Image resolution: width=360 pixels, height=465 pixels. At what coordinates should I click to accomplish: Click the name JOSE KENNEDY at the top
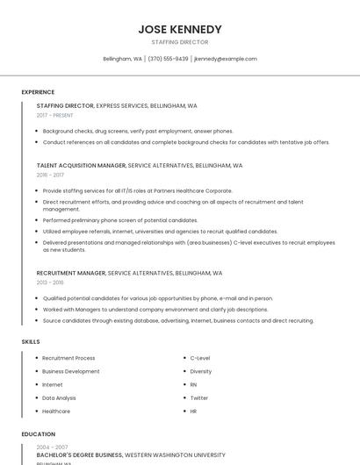click(x=180, y=29)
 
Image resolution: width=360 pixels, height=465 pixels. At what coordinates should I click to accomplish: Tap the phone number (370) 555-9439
click(x=168, y=59)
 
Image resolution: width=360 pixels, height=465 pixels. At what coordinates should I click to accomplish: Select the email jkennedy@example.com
click(x=226, y=59)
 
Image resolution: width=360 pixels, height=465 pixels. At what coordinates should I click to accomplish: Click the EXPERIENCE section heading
click(x=38, y=92)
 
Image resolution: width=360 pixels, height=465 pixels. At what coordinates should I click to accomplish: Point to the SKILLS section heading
click(x=31, y=340)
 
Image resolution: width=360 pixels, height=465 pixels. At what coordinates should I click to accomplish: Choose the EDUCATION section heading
click(x=38, y=433)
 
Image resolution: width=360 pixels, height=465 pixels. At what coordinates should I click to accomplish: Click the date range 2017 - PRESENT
click(x=54, y=115)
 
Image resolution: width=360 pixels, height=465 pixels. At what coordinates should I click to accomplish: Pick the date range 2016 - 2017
click(x=50, y=175)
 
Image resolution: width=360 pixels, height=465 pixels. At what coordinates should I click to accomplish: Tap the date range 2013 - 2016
click(x=50, y=283)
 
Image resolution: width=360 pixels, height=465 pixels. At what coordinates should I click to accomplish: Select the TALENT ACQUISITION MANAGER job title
click(x=81, y=165)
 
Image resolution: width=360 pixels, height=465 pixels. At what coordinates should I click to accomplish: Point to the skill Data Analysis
click(x=59, y=397)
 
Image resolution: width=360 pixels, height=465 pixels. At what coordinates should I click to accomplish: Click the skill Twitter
click(x=199, y=397)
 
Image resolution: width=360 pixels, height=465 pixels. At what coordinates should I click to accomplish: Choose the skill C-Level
click(x=200, y=358)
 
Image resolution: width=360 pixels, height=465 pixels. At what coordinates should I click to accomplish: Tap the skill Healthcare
click(x=56, y=411)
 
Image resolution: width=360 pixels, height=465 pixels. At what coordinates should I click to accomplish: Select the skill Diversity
click(x=201, y=371)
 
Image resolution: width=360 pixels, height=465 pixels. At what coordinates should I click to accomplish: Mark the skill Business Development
click(x=71, y=371)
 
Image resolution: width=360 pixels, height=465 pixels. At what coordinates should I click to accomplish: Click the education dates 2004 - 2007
click(x=52, y=447)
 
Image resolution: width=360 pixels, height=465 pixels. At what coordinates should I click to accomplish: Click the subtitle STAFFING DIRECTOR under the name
click(x=180, y=42)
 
